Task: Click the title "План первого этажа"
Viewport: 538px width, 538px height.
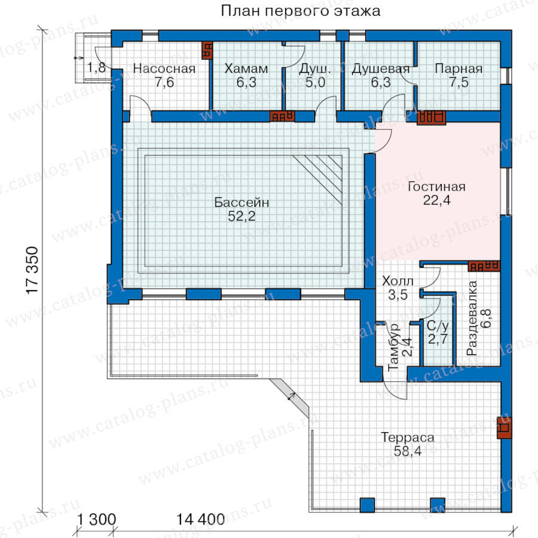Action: [x=300, y=11]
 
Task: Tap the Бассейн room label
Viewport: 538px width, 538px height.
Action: [x=242, y=202]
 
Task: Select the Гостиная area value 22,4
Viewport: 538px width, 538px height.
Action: [x=436, y=200]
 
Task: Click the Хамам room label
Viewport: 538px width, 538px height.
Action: [x=246, y=69]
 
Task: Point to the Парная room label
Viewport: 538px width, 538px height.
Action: [x=458, y=69]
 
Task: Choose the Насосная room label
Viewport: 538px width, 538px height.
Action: [x=164, y=69]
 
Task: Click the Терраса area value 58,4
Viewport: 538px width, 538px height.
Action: [x=407, y=451]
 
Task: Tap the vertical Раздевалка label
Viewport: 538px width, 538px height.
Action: [x=472, y=318]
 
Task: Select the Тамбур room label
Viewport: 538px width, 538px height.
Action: [x=393, y=347]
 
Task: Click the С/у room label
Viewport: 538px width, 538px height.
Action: [x=438, y=325]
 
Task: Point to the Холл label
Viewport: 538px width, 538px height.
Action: [x=398, y=281]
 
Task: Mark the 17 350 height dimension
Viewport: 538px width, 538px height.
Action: [x=33, y=270]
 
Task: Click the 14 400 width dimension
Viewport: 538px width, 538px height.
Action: [x=200, y=519]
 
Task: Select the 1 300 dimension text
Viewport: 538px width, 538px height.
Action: [x=96, y=519]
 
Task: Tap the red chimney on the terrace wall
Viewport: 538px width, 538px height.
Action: [x=504, y=427]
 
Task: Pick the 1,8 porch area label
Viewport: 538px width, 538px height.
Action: [x=96, y=68]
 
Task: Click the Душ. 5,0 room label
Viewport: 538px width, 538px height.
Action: [x=315, y=75]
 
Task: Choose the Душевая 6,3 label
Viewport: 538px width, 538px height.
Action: [x=381, y=75]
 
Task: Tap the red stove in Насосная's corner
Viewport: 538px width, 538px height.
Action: [x=207, y=50]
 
